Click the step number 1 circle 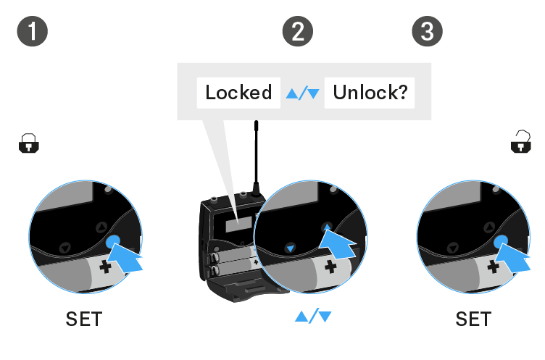(x=33, y=31)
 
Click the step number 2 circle (x=297, y=31)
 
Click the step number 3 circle (x=428, y=31)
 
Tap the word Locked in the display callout (x=238, y=93)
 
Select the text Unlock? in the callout (x=369, y=93)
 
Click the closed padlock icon (x=28, y=144)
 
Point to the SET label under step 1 (x=84, y=319)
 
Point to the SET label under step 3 (x=473, y=319)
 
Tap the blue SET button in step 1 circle (x=113, y=243)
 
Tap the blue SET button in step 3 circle (x=502, y=243)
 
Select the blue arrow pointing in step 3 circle (x=517, y=258)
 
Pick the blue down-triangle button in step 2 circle (x=290, y=248)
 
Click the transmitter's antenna (x=256, y=156)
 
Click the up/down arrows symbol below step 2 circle (x=313, y=317)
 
